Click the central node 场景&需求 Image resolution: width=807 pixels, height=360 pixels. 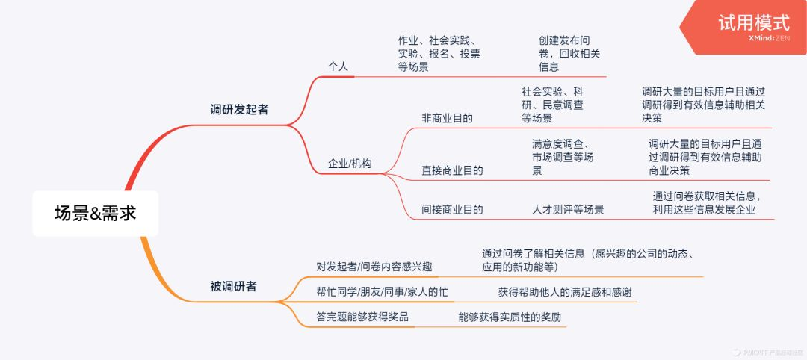click(96, 213)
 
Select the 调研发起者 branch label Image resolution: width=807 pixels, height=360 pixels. click(239, 109)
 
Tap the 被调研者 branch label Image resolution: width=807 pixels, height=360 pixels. click(233, 286)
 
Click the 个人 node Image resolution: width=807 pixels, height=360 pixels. click(338, 66)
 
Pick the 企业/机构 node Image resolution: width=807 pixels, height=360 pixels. click(350, 164)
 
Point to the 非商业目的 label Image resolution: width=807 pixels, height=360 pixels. click(448, 118)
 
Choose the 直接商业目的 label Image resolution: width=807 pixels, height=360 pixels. click(453, 170)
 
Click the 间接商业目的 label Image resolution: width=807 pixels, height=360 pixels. click(453, 209)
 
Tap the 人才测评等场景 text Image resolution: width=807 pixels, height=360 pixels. click(568, 209)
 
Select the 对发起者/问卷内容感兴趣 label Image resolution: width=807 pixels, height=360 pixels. click(374, 267)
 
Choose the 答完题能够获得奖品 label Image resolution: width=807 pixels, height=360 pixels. click(362, 317)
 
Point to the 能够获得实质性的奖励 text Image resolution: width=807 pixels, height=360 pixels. click(510, 317)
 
